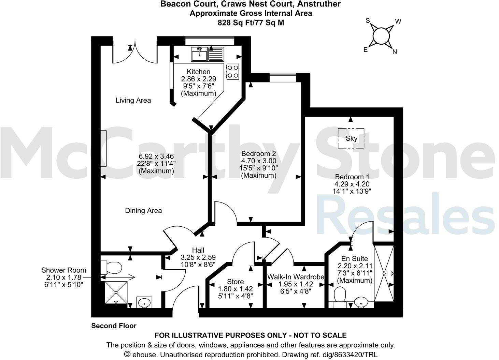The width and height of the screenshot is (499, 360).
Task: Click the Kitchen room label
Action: pos(198,72)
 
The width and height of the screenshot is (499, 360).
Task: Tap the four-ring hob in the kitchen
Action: pos(232,72)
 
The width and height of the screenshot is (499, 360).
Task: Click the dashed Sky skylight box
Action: pos(351,138)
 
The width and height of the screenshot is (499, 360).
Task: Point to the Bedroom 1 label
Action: pos(352,177)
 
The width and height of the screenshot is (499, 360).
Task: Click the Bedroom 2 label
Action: pos(258,153)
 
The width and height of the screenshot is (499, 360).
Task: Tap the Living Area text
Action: pos(133,100)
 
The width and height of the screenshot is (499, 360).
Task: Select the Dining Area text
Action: pos(143,211)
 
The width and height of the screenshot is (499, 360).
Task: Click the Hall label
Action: pos(198,251)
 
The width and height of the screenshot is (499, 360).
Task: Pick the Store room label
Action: pos(235,282)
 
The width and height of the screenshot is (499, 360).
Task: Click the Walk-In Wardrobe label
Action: pos(296,277)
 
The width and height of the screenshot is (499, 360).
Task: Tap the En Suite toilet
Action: pos(340,294)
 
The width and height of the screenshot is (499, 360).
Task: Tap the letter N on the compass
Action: pos(395,52)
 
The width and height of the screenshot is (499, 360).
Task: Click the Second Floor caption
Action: pos(114,326)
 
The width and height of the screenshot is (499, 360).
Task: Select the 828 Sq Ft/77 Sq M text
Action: pos(251,23)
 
